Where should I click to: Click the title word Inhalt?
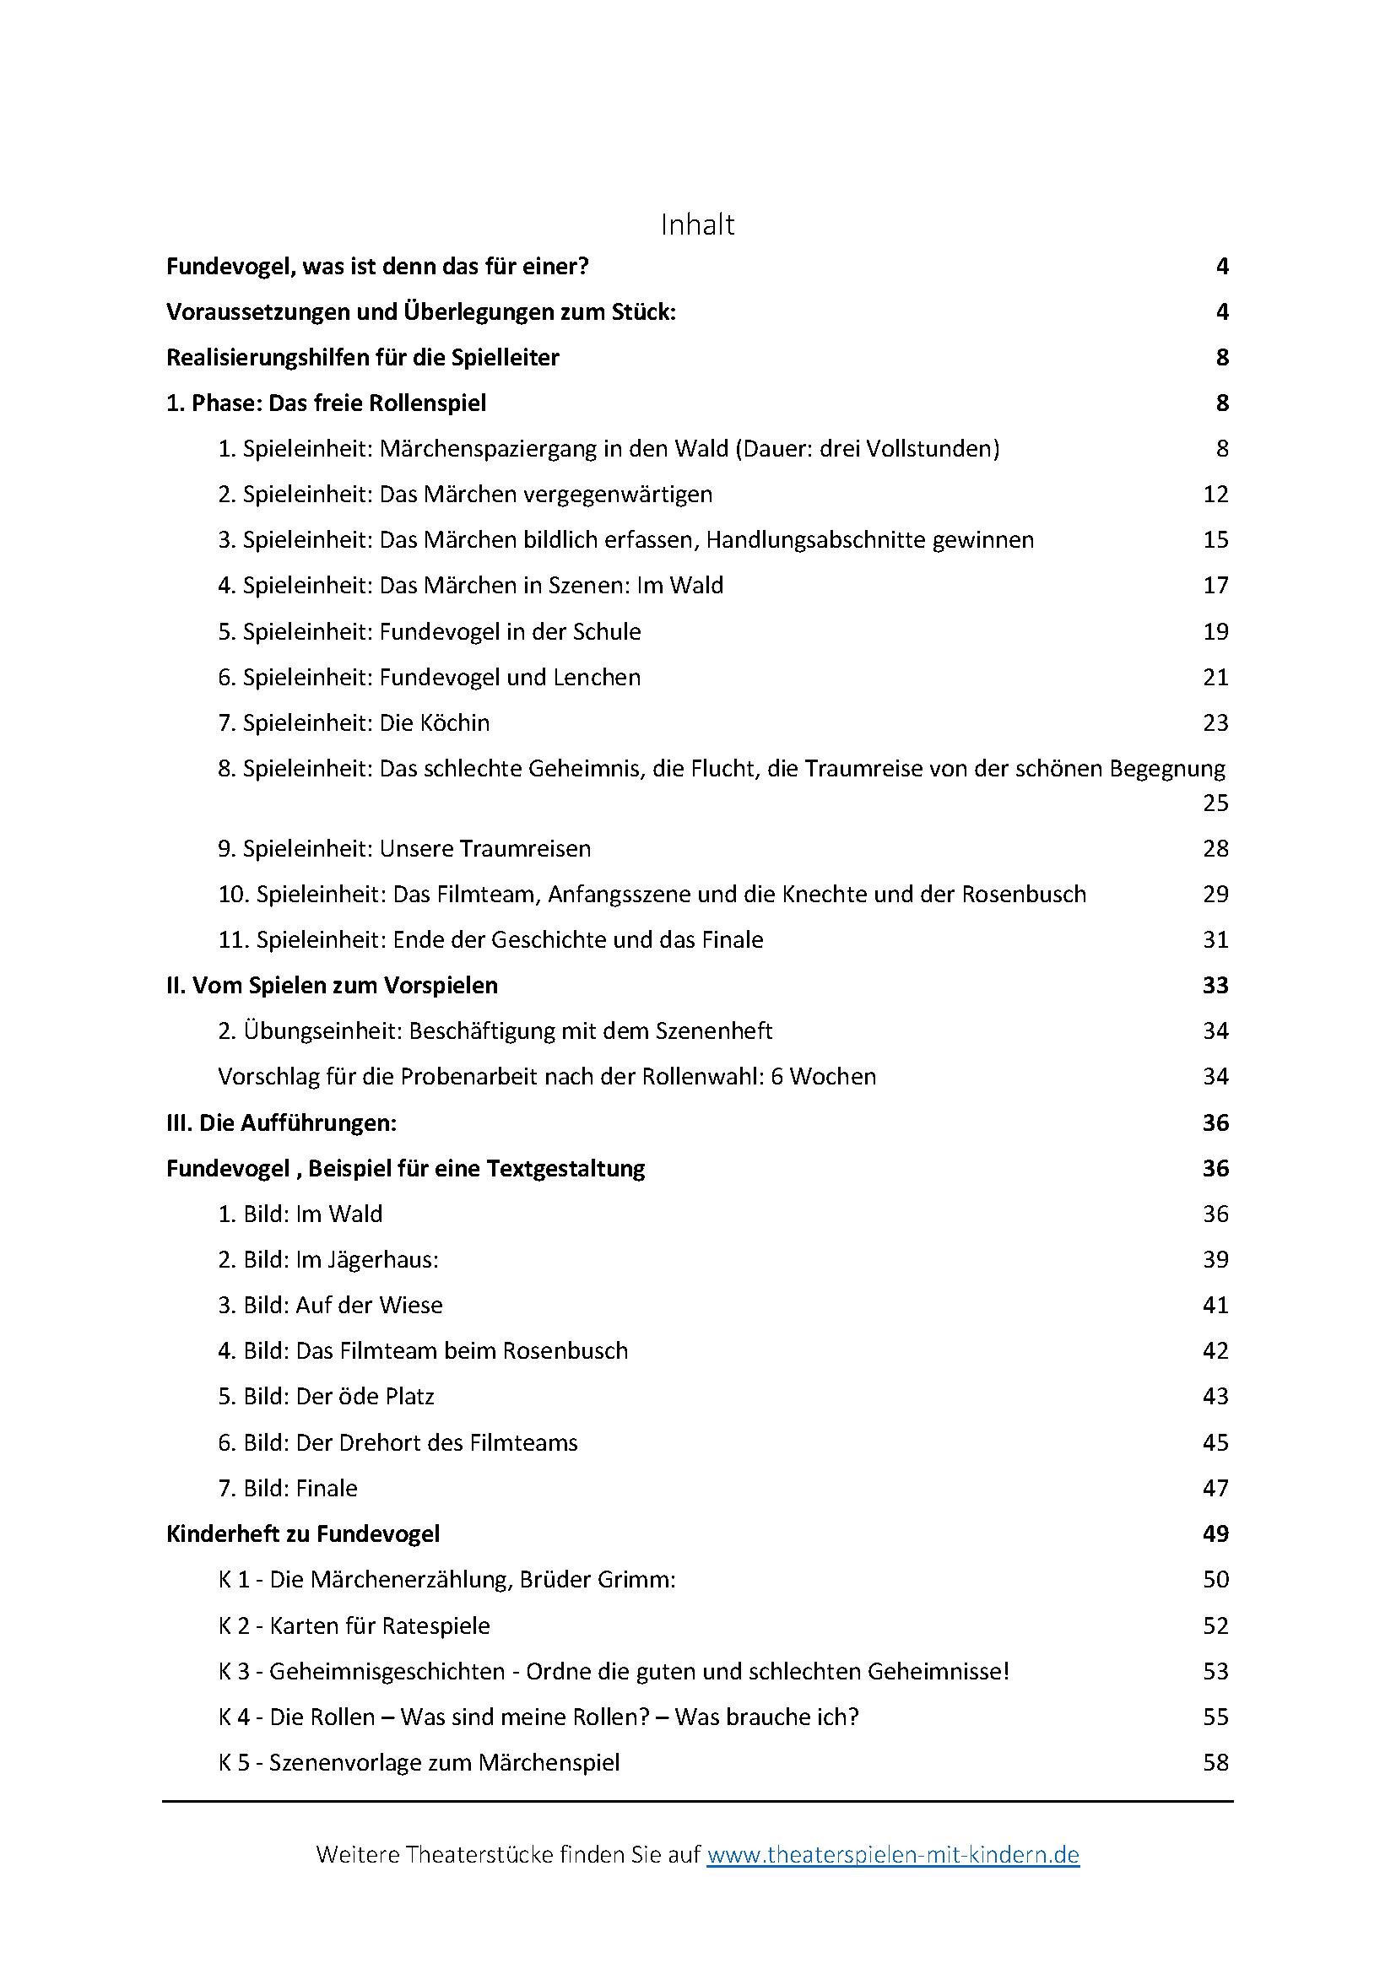point(697,224)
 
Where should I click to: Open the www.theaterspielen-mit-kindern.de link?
point(892,1854)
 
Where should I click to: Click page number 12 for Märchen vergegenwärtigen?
point(1215,495)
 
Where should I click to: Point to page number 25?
point(1215,803)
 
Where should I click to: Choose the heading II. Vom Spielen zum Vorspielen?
point(332,985)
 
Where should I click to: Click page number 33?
point(1215,985)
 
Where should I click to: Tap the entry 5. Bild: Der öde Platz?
point(326,1396)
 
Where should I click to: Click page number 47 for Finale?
point(1215,1488)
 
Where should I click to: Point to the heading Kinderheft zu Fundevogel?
point(303,1533)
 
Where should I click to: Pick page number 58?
point(1215,1762)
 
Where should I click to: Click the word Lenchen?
point(597,678)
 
